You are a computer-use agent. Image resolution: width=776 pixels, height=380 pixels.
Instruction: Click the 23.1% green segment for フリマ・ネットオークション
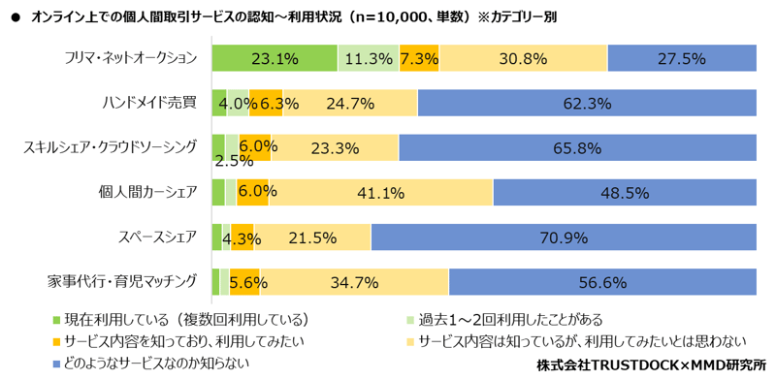click(275, 58)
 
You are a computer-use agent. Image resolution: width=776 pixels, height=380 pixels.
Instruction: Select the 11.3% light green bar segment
click(369, 58)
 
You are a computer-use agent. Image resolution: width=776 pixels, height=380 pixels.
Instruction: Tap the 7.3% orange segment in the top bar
click(419, 58)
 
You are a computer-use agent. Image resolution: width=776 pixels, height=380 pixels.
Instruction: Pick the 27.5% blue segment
click(681, 58)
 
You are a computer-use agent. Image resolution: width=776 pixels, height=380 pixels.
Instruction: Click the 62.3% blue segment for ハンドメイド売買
click(586, 103)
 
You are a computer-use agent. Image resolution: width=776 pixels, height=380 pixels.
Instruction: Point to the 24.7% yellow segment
click(349, 103)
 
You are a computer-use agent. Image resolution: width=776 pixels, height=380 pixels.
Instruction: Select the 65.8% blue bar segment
click(576, 147)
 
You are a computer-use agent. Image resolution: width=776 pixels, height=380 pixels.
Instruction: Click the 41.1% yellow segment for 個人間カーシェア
click(380, 192)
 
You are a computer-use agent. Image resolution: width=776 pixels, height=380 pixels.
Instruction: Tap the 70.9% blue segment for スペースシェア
click(563, 237)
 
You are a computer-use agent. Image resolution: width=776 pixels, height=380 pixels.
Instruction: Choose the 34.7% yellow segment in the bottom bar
click(354, 282)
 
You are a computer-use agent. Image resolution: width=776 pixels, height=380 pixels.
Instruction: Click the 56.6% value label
click(601, 282)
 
